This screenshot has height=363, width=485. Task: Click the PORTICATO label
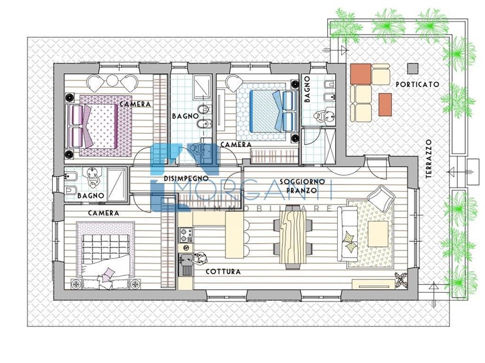tap(417, 84)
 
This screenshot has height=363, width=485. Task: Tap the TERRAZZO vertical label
tap(429, 159)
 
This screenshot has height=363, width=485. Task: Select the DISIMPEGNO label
tap(186, 178)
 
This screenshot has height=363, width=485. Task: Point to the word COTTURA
tap(223, 272)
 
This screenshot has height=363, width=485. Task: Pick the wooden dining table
tap(293, 237)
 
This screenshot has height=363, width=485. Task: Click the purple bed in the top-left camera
tap(98, 125)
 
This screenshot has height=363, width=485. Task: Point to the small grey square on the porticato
tap(413, 68)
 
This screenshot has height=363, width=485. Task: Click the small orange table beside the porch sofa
tap(385, 105)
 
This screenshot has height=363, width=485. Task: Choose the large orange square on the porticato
tap(361, 74)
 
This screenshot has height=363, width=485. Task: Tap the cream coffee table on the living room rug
tap(378, 234)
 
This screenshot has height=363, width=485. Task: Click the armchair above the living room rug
tap(381, 198)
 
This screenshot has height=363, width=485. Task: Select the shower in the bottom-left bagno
tap(116, 184)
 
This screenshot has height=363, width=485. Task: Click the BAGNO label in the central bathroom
tap(186, 116)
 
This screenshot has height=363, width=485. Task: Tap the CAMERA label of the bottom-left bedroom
tap(103, 213)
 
